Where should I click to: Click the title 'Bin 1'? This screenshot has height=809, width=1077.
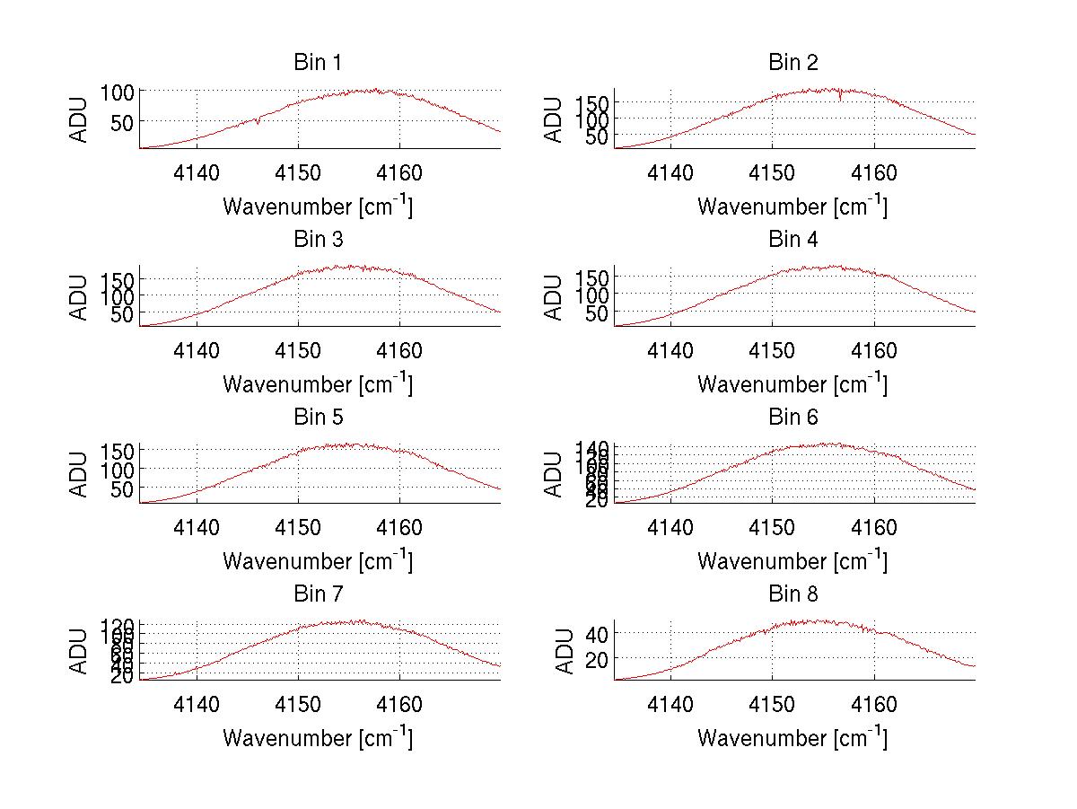coord(318,63)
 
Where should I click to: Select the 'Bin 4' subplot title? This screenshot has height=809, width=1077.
coord(793,240)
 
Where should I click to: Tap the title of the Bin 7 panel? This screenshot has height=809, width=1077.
coord(318,594)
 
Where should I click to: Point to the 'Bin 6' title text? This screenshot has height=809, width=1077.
coord(793,418)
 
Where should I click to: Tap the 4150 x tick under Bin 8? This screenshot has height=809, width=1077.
coord(772,704)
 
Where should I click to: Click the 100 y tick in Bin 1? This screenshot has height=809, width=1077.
coord(121,91)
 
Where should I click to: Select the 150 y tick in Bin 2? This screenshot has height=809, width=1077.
coord(595,103)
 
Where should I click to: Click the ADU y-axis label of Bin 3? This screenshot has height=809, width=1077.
coord(80,297)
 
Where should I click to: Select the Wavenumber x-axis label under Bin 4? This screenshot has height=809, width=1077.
coord(792,384)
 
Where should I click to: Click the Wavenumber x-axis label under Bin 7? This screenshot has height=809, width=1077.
coord(318,738)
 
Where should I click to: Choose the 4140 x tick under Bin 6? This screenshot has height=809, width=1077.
coord(670,527)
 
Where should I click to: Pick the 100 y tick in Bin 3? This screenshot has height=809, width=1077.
coord(121,295)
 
